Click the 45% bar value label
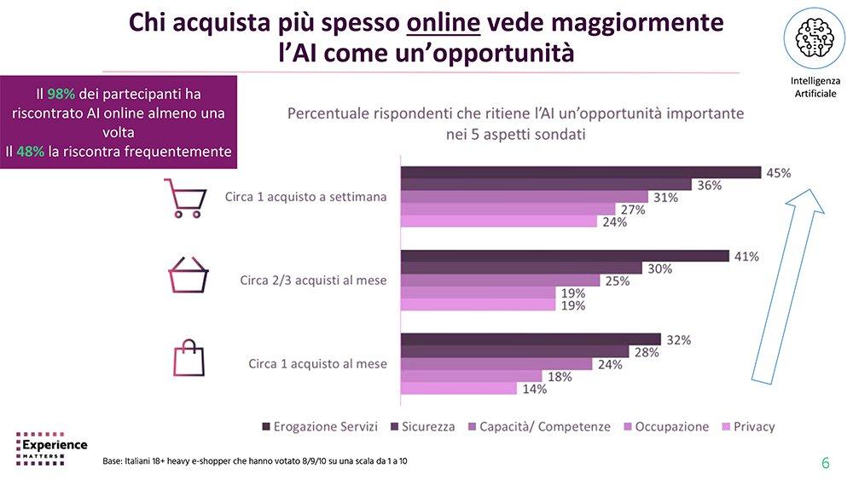pyautogui.click(x=778, y=173)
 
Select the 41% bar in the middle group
pyautogui.click(x=564, y=256)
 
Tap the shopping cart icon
pyautogui.click(x=187, y=197)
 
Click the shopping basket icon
pyautogui.click(x=188, y=276)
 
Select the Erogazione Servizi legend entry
pyautogui.click(x=313, y=426)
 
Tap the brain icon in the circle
pyautogui.click(x=809, y=38)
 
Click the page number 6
pyautogui.click(x=825, y=463)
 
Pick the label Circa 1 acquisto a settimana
pyautogui.click(x=305, y=197)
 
